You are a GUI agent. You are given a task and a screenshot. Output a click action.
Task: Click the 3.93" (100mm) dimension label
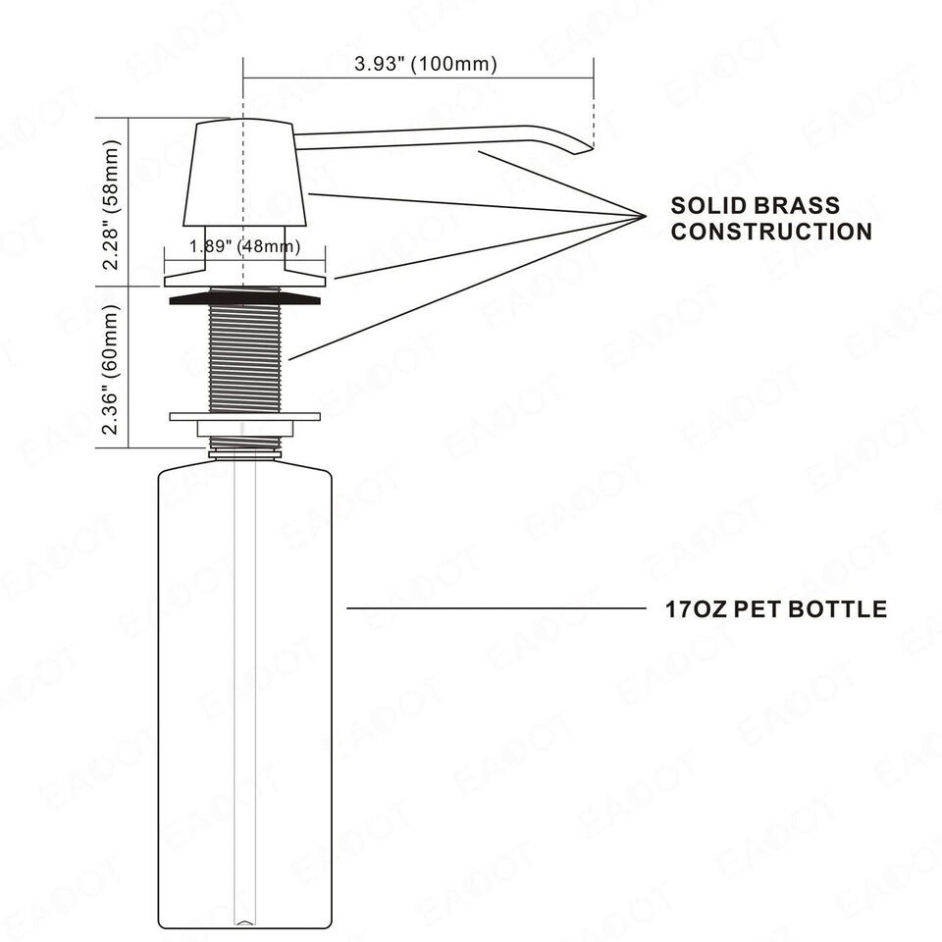(425, 64)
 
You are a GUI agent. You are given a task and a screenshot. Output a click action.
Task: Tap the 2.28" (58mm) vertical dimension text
(111, 205)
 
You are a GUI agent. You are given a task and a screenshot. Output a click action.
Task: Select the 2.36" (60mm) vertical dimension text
(111, 370)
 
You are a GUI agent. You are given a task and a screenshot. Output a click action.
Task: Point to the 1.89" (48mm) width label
(244, 245)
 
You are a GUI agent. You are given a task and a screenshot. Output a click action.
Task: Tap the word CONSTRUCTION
(772, 232)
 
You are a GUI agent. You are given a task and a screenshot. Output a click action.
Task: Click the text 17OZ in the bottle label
(696, 609)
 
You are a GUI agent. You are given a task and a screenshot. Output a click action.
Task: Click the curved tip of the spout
(582, 149)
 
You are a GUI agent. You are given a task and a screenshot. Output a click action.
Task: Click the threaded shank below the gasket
(244, 359)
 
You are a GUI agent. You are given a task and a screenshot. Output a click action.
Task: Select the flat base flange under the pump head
(244, 281)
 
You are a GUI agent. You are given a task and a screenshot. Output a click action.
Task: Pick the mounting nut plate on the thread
(244, 416)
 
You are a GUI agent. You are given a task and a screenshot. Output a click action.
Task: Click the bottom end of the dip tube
(244, 921)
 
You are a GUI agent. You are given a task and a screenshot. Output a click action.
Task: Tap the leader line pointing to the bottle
(497, 608)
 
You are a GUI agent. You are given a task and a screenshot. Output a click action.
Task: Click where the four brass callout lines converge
(646, 216)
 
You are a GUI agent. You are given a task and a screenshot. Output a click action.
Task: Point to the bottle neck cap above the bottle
(244, 454)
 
